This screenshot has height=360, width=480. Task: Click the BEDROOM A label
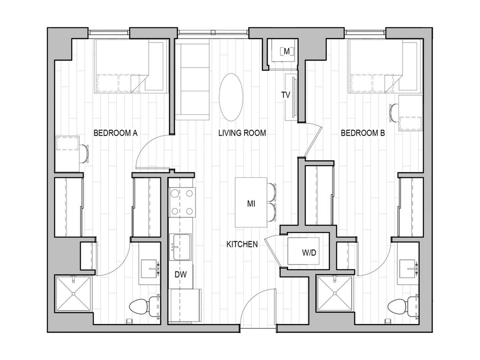115,133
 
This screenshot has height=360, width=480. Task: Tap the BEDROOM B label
363,133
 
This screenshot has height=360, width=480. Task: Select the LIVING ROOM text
242,133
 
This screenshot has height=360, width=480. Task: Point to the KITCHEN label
242,244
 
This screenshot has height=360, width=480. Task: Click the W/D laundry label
309,253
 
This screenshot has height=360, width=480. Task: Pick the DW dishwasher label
180,274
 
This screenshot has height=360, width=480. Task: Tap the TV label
286,95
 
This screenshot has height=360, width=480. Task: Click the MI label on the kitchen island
251,204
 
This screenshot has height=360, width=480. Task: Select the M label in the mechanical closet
286,51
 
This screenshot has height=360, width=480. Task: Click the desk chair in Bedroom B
393,112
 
